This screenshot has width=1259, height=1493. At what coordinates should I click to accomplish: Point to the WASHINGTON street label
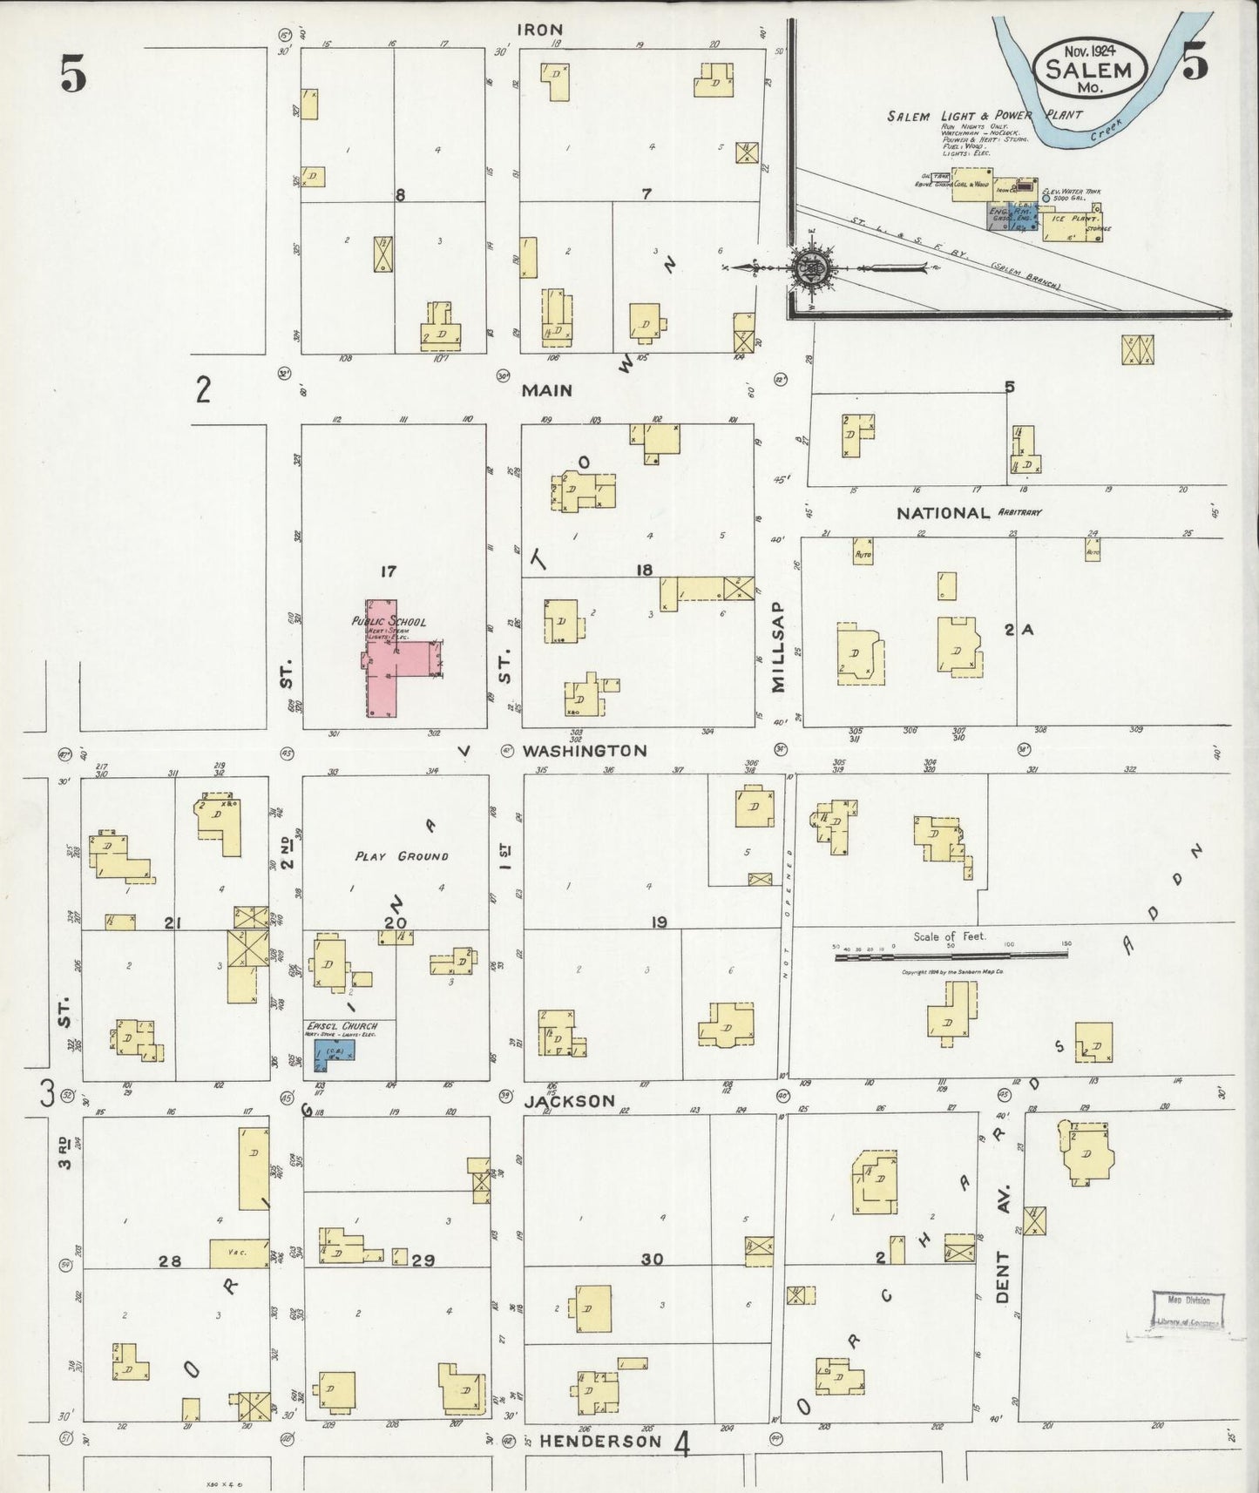coord(585,750)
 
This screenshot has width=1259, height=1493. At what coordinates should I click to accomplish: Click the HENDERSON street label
coord(600,1441)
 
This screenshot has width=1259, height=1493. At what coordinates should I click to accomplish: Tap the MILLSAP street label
coord(778,645)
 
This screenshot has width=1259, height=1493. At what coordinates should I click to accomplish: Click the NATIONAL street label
coord(943,513)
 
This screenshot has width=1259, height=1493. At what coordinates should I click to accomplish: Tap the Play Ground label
coord(402,855)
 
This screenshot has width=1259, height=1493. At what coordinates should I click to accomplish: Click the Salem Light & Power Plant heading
coord(985,115)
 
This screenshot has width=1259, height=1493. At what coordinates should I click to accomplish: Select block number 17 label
coord(388,571)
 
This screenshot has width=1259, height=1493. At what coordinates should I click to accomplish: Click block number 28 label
coord(169,1260)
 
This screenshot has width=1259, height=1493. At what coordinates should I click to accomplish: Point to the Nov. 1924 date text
coord(1089,50)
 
